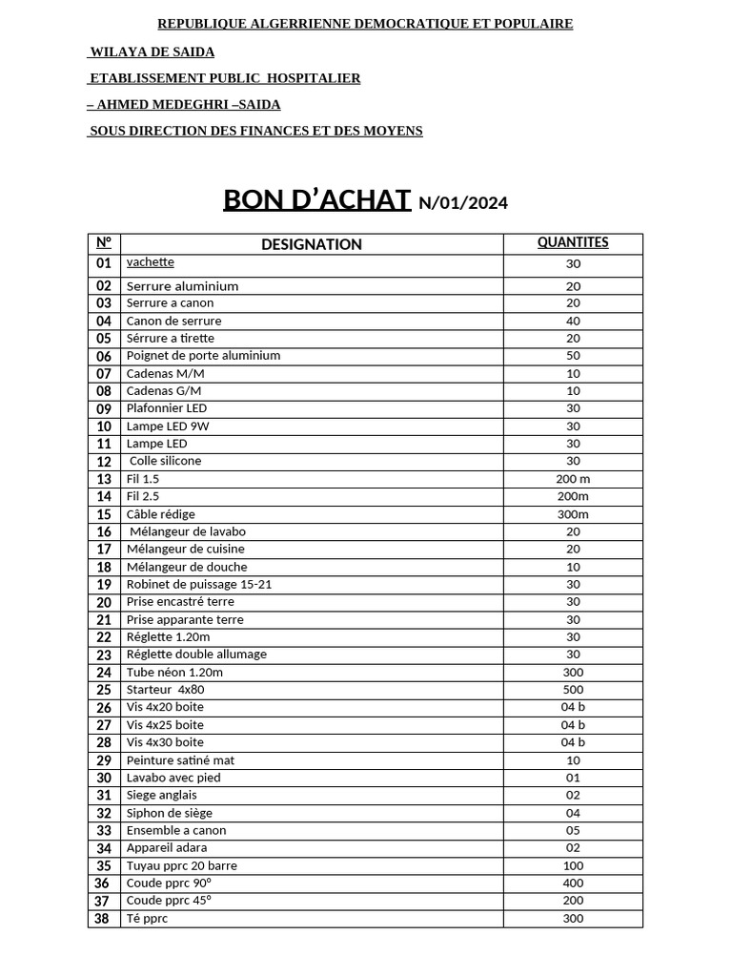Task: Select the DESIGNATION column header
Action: point(312,244)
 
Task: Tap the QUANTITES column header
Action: point(573,242)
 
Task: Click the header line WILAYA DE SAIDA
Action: point(152,52)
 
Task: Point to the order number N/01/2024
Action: point(463,202)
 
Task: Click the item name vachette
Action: point(151,261)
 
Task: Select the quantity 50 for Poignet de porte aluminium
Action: point(573,356)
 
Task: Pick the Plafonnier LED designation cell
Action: point(167,408)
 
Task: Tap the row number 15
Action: point(104,514)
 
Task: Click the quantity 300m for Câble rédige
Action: point(573,514)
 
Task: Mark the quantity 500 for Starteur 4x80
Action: point(573,690)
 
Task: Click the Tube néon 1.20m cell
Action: point(174,672)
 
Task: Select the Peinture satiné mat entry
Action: point(180,760)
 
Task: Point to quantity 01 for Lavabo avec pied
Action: point(573,778)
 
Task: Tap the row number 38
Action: point(104,919)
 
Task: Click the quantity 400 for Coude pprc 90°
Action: point(573,883)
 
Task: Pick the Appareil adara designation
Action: point(167,847)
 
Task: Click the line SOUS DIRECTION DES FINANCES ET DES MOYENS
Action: point(255,131)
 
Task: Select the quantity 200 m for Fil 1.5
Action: point(573,479)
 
